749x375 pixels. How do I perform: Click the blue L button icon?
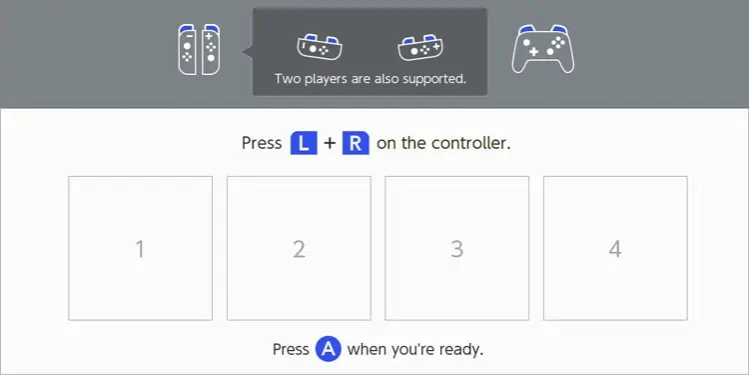point(304,143)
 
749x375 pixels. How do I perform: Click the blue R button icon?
point(356,143)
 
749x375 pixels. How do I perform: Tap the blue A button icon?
point(329,349)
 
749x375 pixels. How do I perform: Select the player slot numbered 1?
point(140,248)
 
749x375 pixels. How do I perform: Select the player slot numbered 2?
point(299,248)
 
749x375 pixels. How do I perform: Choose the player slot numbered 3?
point(457,248)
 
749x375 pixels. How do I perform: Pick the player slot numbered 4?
point(615,248)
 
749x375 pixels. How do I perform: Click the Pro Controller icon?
point(543,49)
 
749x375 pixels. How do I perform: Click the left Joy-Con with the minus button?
point(188,50)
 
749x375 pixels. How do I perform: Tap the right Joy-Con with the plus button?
point(211,50)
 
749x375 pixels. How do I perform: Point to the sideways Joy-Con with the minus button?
point(320,47)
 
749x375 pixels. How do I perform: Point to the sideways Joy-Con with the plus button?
point(419,47)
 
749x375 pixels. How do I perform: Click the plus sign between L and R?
point(330,143)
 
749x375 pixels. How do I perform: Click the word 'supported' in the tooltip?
point(434,79)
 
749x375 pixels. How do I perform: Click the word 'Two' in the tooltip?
point(287,78)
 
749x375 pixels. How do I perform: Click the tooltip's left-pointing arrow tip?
point(243,52)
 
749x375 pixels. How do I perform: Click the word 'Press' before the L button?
point(262,143)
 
